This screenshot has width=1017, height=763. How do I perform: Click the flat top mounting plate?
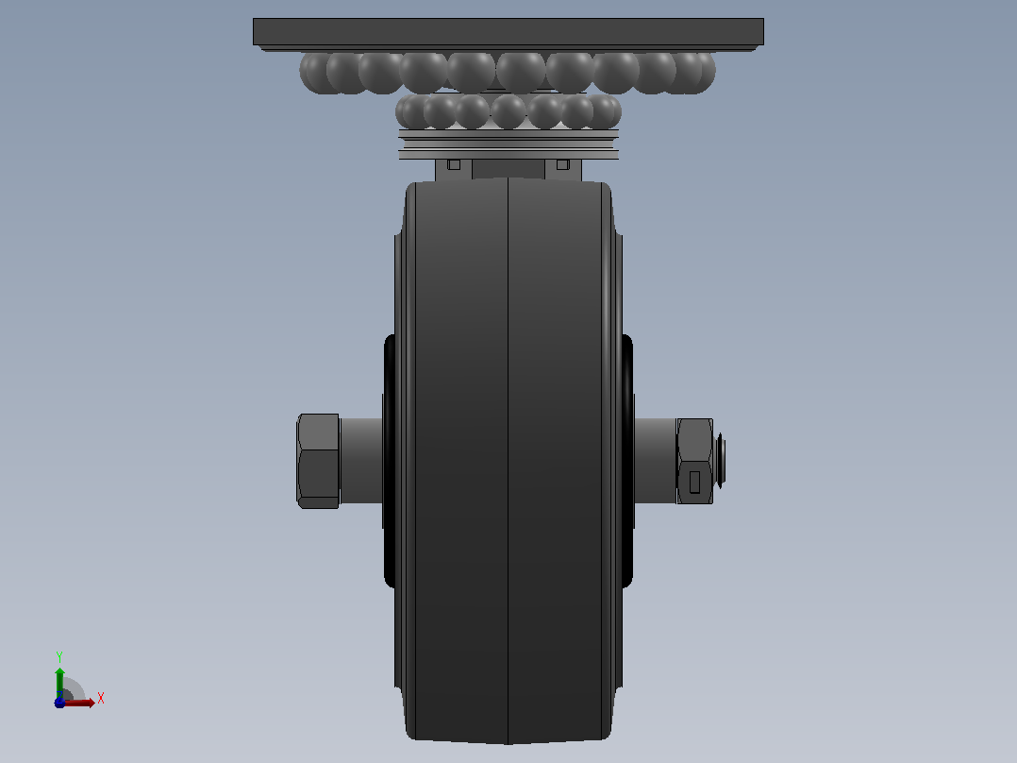pyautogui.click(x=508, y=32)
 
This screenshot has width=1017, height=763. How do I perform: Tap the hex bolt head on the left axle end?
pyautogui.click(x=318, y=461)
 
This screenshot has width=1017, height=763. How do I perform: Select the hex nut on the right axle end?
pyautogui.click(x=694, y=461)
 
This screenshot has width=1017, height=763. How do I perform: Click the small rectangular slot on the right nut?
pyautogui.click(x=694, y=482)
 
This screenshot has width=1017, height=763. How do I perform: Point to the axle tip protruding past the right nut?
pyautogui.click(x=720, y=461)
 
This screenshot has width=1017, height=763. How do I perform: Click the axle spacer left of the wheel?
pyautogui.click(x=361, y=461)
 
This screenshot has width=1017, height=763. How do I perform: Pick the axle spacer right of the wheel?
pyautogui.click(x=655, y=461)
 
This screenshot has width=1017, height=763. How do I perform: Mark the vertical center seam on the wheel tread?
pyautogui.click(x=508, y=461)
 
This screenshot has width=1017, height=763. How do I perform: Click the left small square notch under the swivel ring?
pyautogui.click(x=454, y=165)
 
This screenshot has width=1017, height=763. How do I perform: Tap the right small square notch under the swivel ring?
pyautogui.click(x=563, y=165)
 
